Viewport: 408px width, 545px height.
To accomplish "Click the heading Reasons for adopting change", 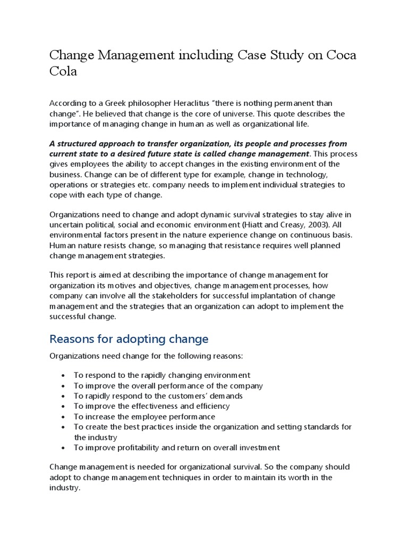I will pos(129,339).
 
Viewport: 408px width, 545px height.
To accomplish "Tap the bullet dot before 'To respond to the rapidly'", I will pos(64,376).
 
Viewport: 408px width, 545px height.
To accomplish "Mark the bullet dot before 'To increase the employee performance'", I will pos(64,417).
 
